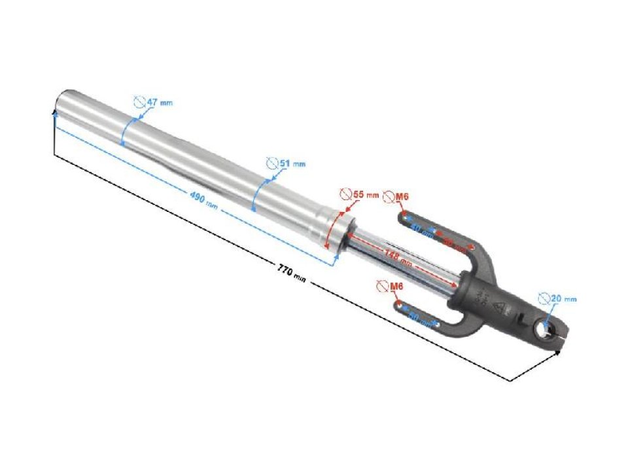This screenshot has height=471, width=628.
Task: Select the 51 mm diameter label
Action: [286, 163]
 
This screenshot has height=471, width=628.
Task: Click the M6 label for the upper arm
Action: [396, 196]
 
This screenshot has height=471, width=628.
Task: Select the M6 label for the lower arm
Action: [391, 287]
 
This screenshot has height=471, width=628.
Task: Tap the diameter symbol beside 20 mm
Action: [544, 298]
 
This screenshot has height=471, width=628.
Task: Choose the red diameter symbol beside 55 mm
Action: [345, 194]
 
